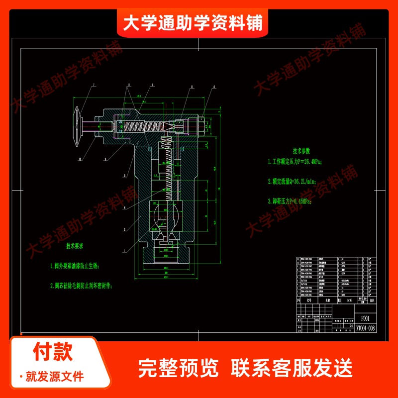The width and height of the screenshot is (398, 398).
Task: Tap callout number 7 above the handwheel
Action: pos(93,86)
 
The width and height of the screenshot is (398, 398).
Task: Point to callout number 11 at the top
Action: pos(191,87)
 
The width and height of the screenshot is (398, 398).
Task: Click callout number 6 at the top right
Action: pos(214,87)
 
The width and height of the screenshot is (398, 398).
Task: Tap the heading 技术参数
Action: pos(301,151)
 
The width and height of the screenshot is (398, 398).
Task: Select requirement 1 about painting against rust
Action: pos(82,266)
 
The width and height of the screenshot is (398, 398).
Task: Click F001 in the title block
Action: pos(365,318)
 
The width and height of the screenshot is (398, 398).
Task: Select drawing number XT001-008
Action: pos(365,328)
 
